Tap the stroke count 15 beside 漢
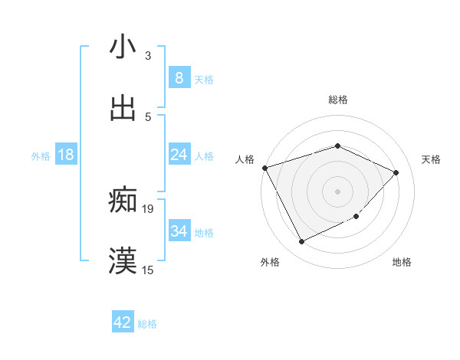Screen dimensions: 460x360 pyautogui.click(x=148, y=270)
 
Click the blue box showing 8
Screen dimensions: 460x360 pyautogui.click(x=179, y=77)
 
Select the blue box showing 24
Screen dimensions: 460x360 pyautogui.click(x=179, y=155)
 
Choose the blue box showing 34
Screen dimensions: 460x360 pyautogui.click(x=179, y=231)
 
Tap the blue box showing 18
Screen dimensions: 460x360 pyautogui.click(x=66, y=155)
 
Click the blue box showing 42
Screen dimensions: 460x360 pyautogui.click(x=123, y=322)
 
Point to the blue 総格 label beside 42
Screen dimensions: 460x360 pyautogui.click(x=147, y=324)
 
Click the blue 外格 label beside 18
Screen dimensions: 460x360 pyautogui.click(x=41, y=156)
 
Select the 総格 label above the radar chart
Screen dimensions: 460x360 pyautogui.click(x=338, y=100)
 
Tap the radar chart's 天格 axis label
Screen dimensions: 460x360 pyautogui.click(x=432, y=159)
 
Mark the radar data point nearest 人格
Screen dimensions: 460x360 pyautogui.click(x=264, y=168)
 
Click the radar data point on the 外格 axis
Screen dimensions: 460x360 pyautogui.click(x=301, y=242)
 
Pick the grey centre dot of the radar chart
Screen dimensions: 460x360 pyautogui.click(x=337, y=191)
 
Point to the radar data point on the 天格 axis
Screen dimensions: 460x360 pyautogui.click(x=396, y=172)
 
